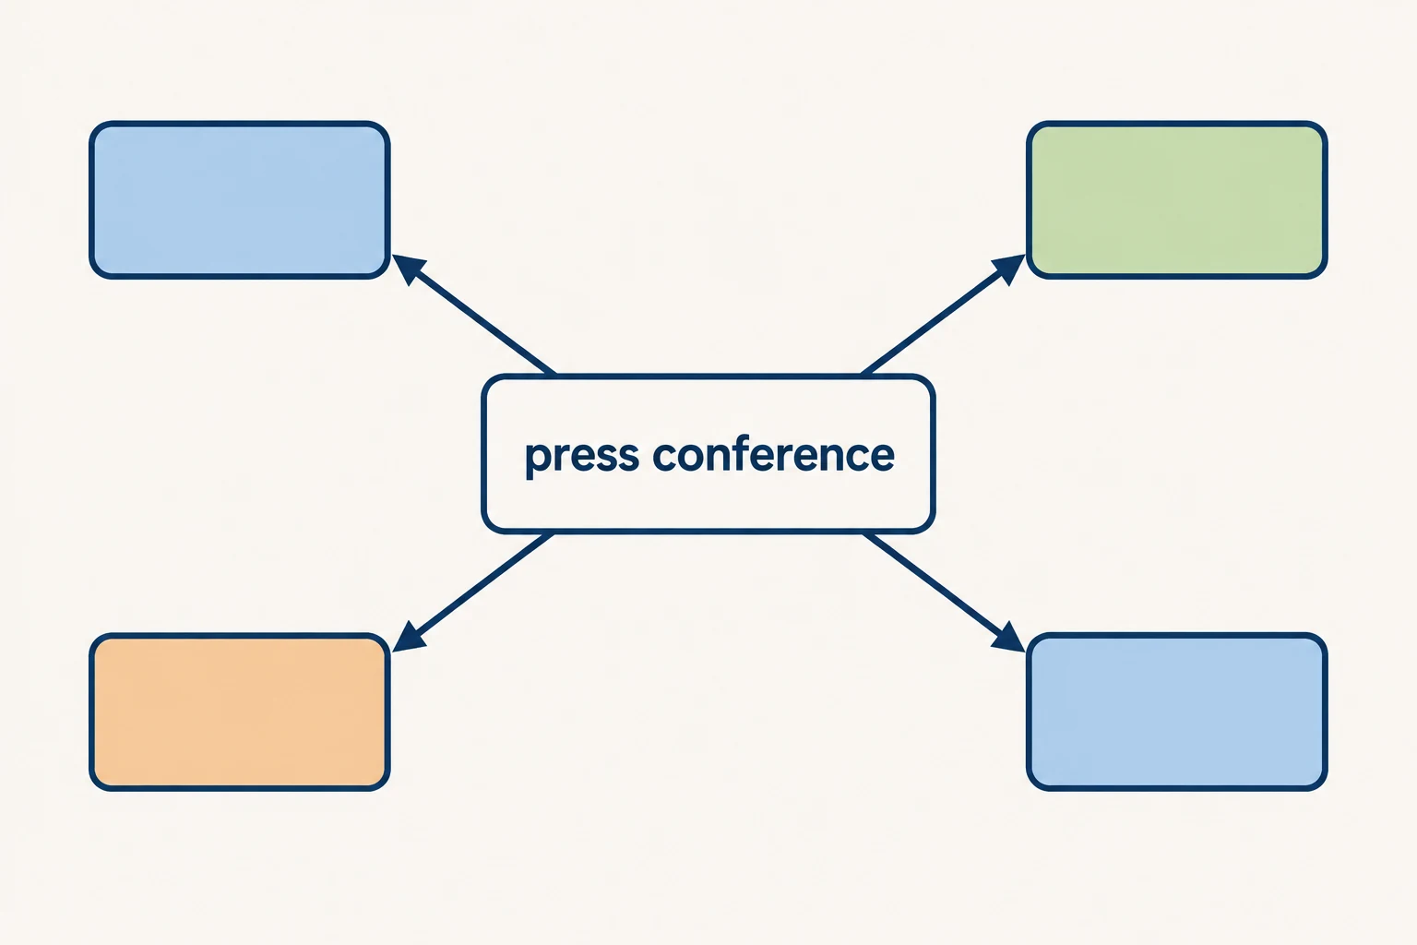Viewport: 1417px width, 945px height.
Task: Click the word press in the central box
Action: point(582,457)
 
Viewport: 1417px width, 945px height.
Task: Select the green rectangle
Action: point(1176,200)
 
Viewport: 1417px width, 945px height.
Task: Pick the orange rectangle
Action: point(239,712)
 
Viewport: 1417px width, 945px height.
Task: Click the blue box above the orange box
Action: point(239,200)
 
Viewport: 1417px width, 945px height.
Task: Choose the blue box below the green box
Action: point(1176,712)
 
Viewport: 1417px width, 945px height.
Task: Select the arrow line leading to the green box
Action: point(943,315)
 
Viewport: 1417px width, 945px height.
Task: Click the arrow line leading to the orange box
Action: point(473,592)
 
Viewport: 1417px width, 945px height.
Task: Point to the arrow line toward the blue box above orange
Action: point(474,315)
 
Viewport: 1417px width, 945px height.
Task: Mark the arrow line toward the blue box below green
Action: point(944,592)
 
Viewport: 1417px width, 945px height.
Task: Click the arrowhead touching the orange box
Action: point(407,638)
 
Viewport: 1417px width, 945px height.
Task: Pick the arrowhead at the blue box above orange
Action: point(407,268)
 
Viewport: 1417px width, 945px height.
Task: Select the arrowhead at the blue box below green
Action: point(1010,638)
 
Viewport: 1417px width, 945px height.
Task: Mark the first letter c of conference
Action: point(665,456)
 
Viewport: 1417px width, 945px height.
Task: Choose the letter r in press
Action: point(561,456)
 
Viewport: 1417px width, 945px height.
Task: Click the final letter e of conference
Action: point(881,456)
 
